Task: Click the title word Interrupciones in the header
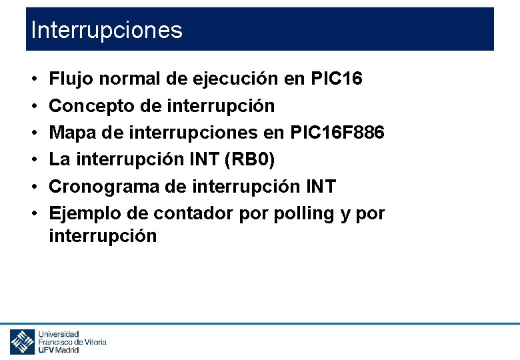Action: click(106, 31)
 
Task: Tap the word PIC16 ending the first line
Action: click(337, 79)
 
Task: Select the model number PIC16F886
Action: click(337, 133)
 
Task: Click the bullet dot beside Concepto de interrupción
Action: click(33, 106)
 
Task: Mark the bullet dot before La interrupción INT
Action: click(33, 160)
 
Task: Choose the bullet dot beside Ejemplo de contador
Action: click(33, 213)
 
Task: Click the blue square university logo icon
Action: click(22, 341)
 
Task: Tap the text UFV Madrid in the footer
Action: click(59, 349)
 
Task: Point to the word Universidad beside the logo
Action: click(59, 333)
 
